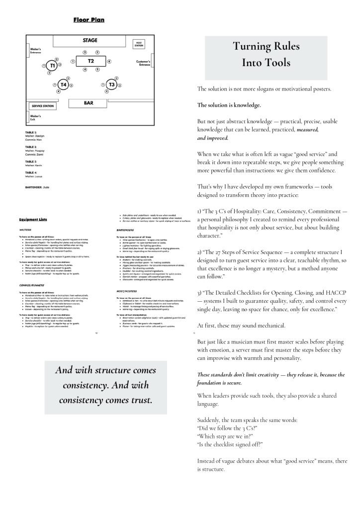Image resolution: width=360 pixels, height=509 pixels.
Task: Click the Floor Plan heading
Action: click(x=89, y=20)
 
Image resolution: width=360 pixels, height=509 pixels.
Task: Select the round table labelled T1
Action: click(x=52, y=65)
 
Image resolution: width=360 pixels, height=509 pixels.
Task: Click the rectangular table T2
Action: click(x=90, y=61)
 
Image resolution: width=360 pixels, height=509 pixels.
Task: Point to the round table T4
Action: click(x=64, y=85)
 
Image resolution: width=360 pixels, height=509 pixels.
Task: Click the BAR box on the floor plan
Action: click(x=89, y=103)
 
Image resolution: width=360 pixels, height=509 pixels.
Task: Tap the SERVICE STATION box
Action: click(x=42, y=106)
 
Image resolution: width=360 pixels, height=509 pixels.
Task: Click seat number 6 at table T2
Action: click(x=85, y=69)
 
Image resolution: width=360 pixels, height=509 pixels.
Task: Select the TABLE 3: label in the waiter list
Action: click(x=31, y=162)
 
